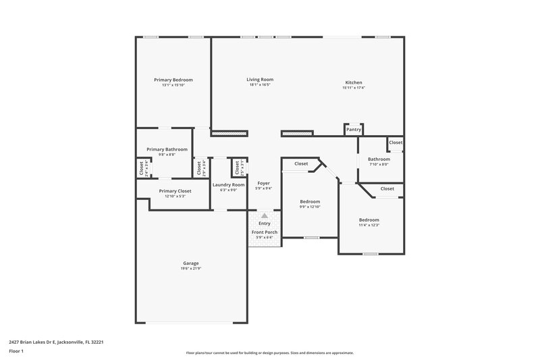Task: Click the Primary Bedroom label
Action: [x=173, y=80]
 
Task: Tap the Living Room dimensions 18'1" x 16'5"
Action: [x=260, y=85]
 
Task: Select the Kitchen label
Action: [x=353, y=82]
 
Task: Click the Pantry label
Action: [x=354, y=129]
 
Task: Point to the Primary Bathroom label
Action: [x=167, y=149]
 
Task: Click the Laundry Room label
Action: [x=228, y=184]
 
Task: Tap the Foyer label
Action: [x=263, y=183]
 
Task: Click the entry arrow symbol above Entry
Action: [x=264, y=216]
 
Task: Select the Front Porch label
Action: [x=264, y=232]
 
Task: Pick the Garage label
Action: [x=191, y=263]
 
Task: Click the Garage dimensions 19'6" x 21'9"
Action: [x=191, y=269]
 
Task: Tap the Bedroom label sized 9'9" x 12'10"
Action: [x=310, y=201]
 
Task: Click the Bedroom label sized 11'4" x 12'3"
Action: [x=369, y=220]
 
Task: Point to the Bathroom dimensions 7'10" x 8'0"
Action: [x=379, y=164]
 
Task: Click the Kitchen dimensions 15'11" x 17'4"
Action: [x=353, y=88]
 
